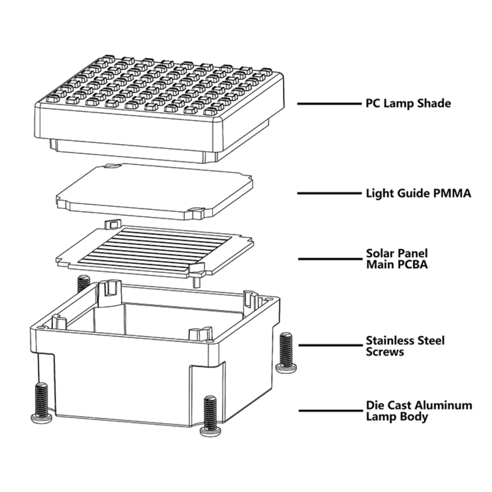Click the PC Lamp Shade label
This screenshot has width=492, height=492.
(x=408, y=103)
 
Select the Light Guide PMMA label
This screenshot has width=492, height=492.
(x=418, y=193)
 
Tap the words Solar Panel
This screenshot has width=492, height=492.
(x=396, y=253)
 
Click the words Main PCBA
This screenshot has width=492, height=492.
(x=396, y=265)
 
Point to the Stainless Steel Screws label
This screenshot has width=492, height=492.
(x=405, y=346)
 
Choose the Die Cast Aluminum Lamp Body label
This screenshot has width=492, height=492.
(x=419, y=411)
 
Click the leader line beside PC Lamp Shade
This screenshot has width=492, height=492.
(x=328, y=104)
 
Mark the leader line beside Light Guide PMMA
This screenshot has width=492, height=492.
(x=328, y=193)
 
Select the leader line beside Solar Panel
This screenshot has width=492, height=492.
(x=330, y=259)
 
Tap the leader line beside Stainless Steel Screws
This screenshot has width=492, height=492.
(x=330, y=345)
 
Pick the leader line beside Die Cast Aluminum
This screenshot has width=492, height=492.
(x=330, y=410)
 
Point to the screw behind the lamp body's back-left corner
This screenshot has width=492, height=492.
(x=83, y=282)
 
